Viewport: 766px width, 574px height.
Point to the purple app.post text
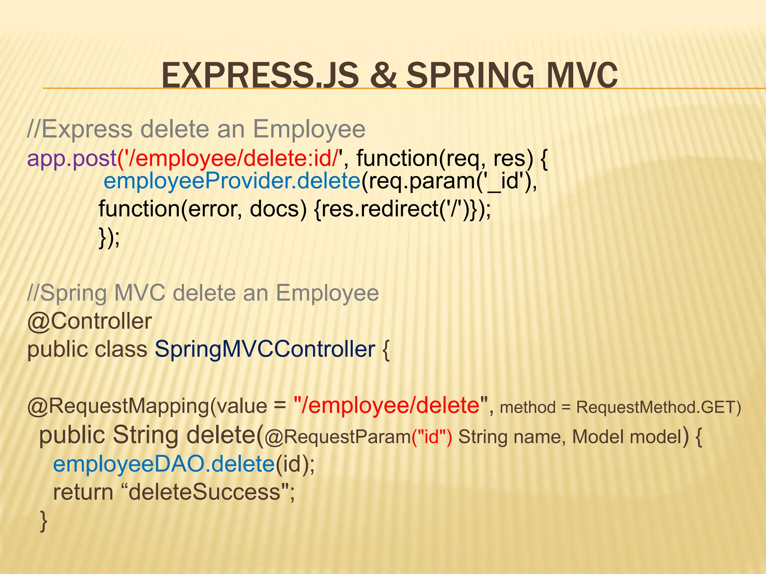[x=71, y=158]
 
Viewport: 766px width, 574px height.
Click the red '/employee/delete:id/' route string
[x=230, y=158]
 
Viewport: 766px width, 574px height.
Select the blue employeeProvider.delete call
[x=232, y=181]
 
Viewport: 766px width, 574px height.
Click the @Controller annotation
[x=89, y=321]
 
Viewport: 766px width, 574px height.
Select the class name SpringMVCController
[x=265, y=349]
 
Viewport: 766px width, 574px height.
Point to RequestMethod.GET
[x=658, y=407]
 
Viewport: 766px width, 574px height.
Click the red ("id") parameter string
[x=432, y=437]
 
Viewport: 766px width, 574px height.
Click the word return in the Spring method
[x=83, y=492]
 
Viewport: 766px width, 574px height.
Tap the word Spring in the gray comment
[x=73, y=293]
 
